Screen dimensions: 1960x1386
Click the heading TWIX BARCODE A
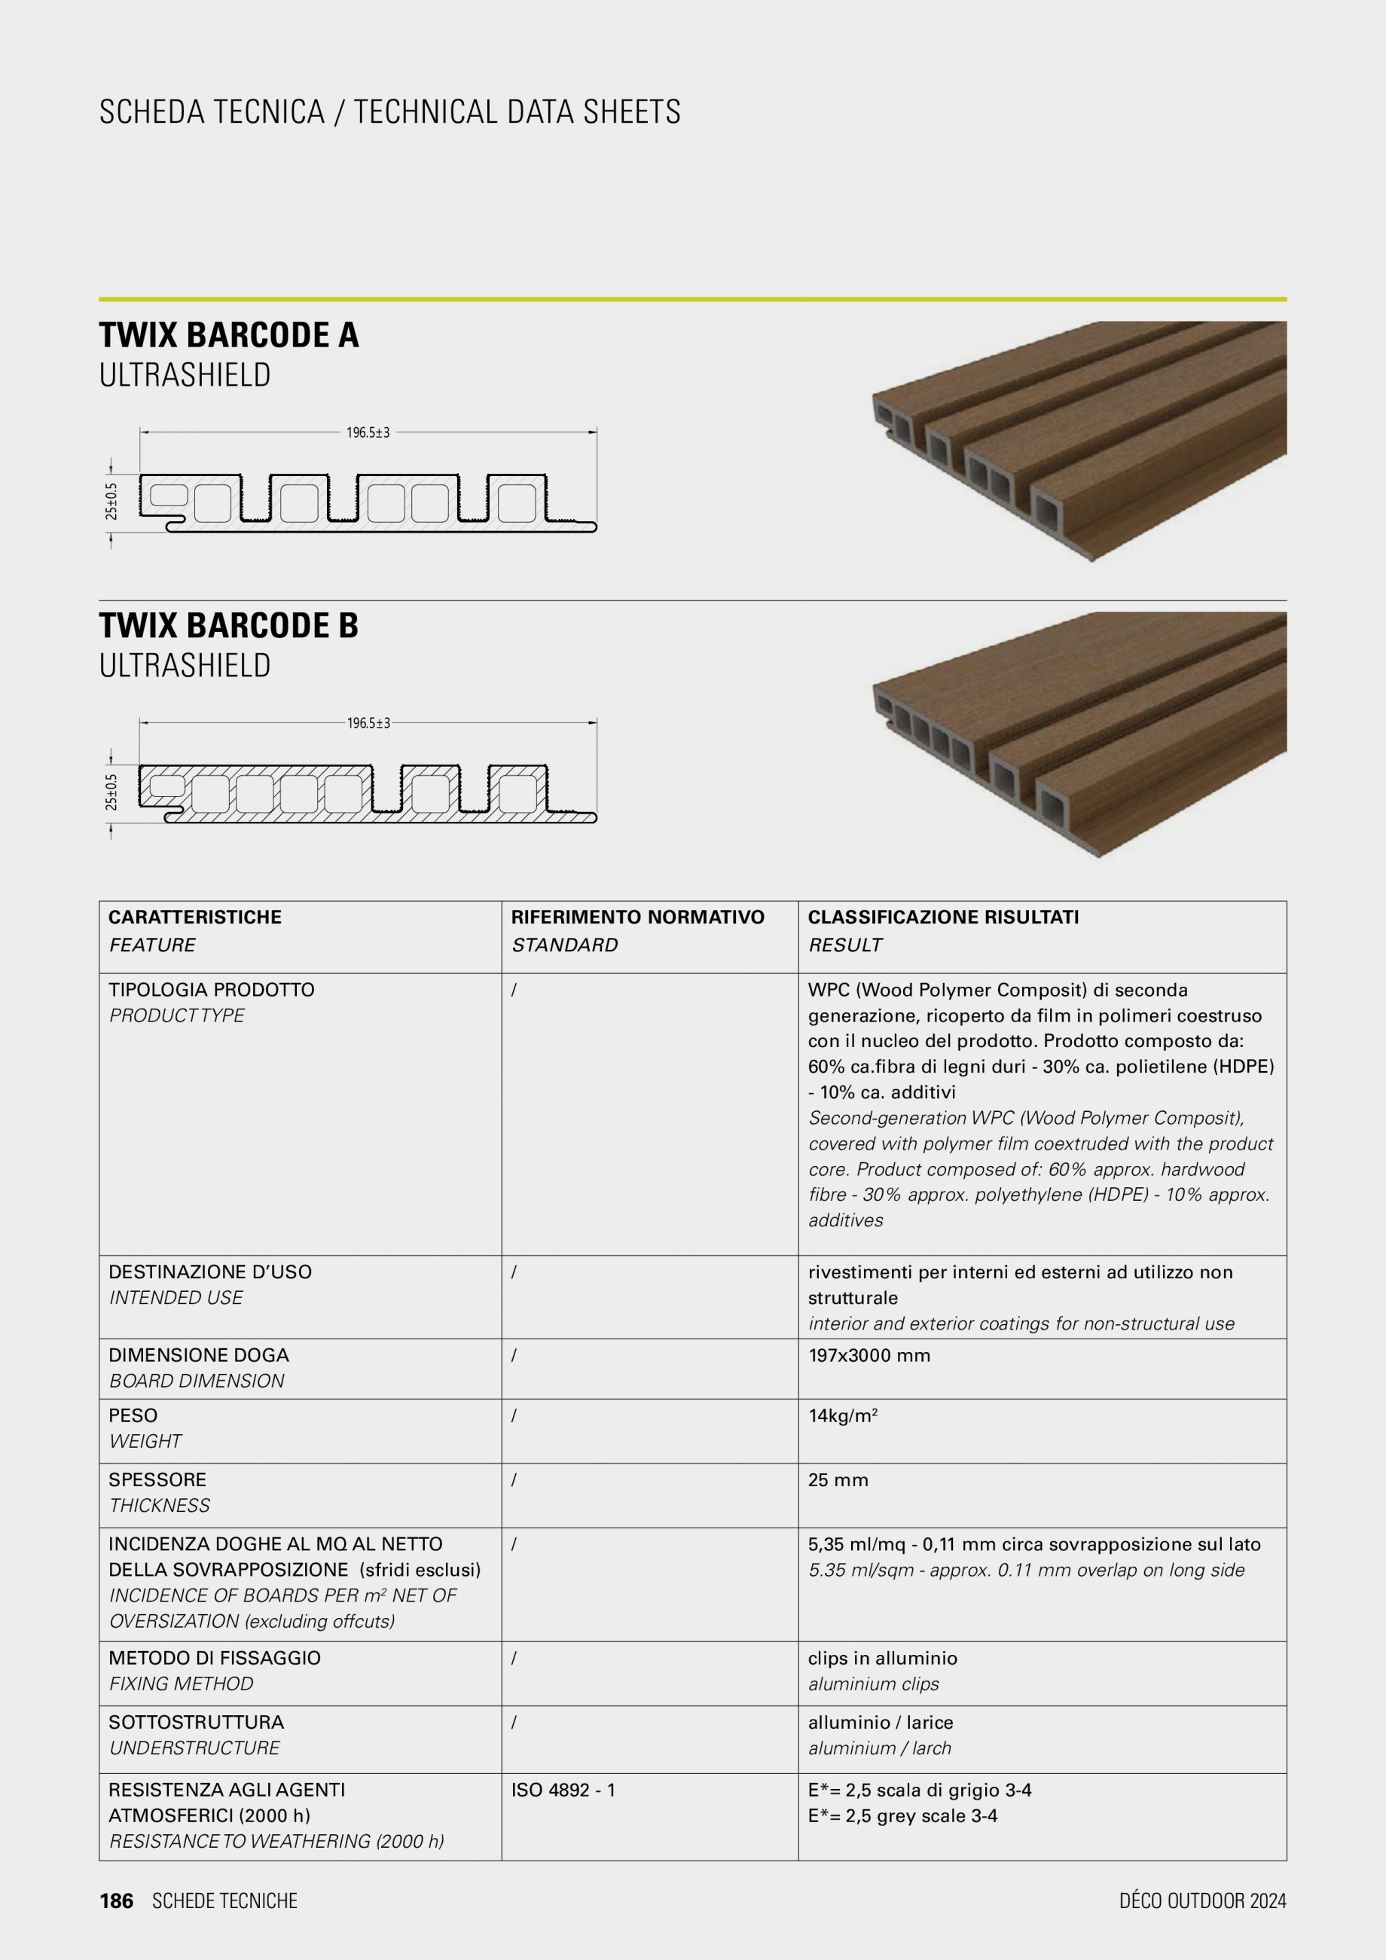tap(228, 334)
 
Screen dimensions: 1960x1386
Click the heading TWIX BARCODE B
tap(228, 625)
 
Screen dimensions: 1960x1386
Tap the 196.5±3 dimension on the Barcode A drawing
tap(368, 433)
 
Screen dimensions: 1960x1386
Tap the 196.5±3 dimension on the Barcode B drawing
tap(368, 723)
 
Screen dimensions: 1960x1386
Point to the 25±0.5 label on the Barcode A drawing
tap(111, 501)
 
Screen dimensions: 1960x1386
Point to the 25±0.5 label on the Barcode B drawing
tap(111, 792)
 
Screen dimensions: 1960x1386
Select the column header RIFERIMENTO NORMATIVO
tap(637, 917)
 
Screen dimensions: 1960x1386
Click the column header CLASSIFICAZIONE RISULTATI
tap(942, 917)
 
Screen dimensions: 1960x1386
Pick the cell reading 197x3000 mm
tap(868, 1356)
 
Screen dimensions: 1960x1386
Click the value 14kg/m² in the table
tap(842, 1415)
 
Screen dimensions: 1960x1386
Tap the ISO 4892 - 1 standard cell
tap(563, 1790)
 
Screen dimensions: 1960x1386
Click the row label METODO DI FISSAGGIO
tap(214, 1658)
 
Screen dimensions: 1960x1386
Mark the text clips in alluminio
tap(881, 1658)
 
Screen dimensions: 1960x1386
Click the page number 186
tap(116, 1901)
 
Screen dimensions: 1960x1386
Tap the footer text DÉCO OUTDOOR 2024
tap(1201, 1901)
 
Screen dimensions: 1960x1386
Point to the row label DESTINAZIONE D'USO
tap(210, 1272)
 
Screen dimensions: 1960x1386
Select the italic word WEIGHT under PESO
tap(145, 1441)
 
